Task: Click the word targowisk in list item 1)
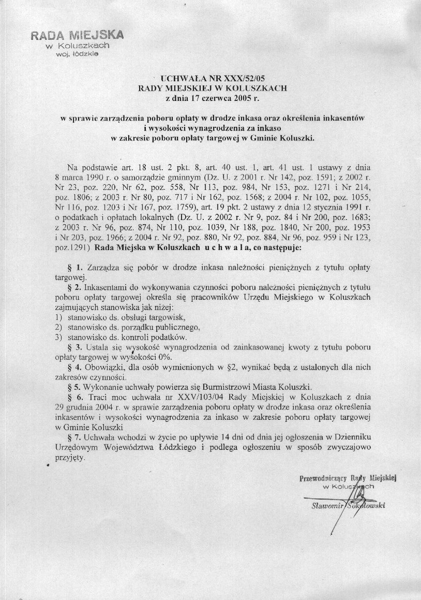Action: (167, 317)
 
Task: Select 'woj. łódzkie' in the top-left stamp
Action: (80, 53)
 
